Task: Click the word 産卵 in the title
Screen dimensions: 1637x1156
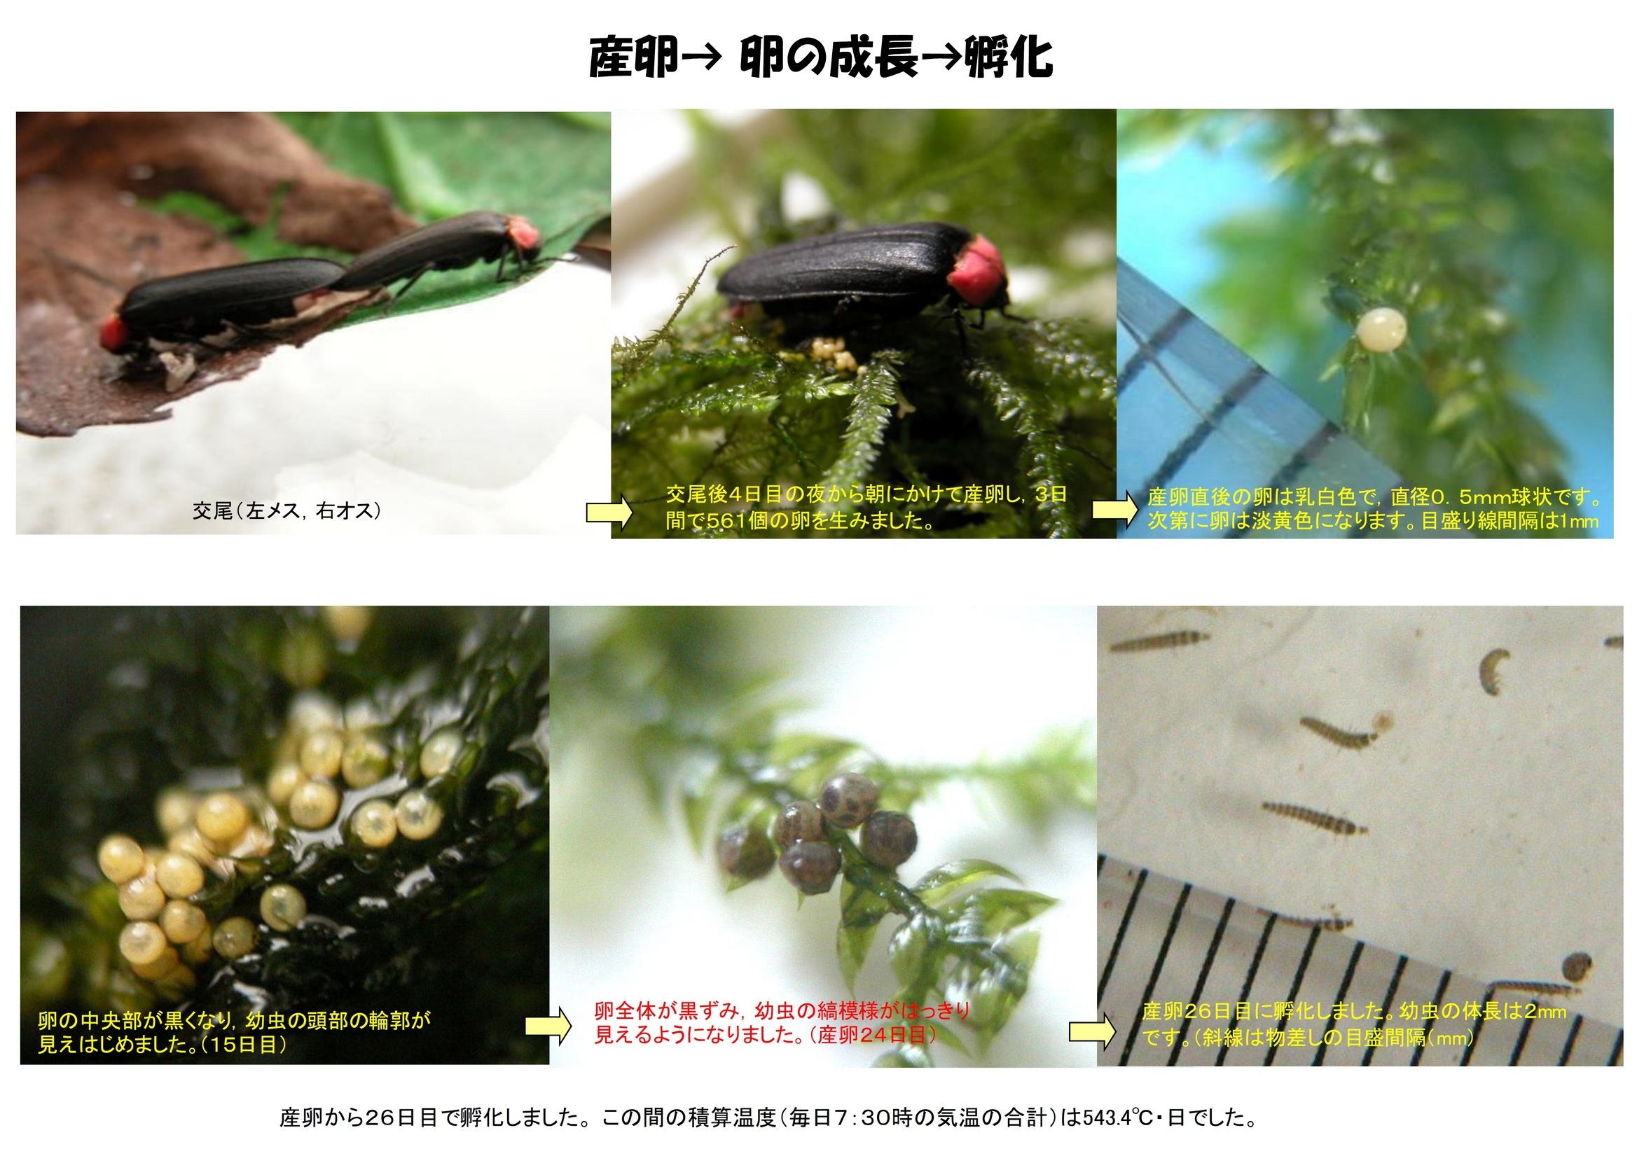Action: click(x=634, y=57)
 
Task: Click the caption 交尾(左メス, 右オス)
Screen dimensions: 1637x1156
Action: click(x=286, y=510)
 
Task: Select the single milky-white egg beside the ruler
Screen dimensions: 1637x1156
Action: click(x=1381, y=328)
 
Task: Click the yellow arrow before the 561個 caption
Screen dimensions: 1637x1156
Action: click(x=609, y=512)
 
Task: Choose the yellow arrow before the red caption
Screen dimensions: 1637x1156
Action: click(x=549, y=1026)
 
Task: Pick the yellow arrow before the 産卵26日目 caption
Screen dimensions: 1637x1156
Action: click(x=1092, y=1031)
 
